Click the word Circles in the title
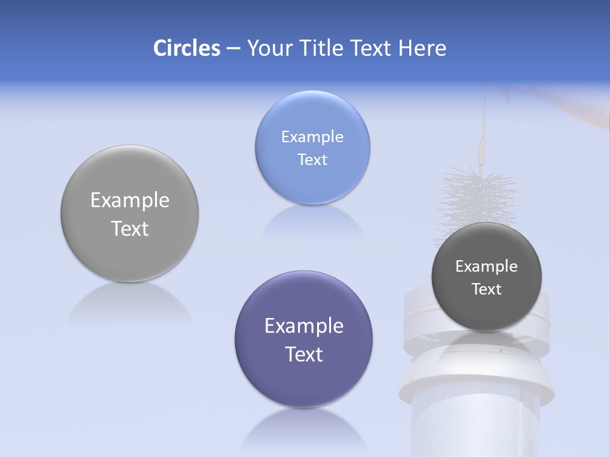point(186,48)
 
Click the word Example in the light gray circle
point(130,201)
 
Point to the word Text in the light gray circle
point(130,228)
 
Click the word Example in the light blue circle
point(312,137)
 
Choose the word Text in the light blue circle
point(312,159)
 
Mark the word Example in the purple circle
point(304,326)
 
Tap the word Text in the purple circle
point(304,354)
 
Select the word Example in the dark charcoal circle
point(487,267)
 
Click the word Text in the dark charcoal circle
point(487,289)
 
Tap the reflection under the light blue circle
point(312,222)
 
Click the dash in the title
point(233,48)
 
